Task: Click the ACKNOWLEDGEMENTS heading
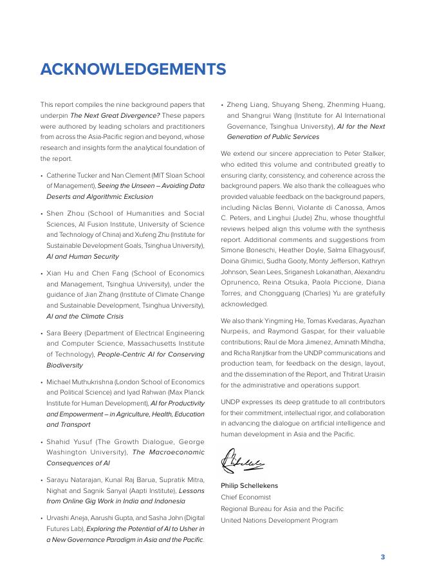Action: [x=133, y=70]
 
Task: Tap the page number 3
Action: [x=382, y=557]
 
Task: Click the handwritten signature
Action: [x=243, y=460]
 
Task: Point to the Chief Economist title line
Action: [x=246, y=498]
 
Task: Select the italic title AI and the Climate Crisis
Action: [x=84, y=317]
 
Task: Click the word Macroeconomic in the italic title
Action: [x=176, y=452]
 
